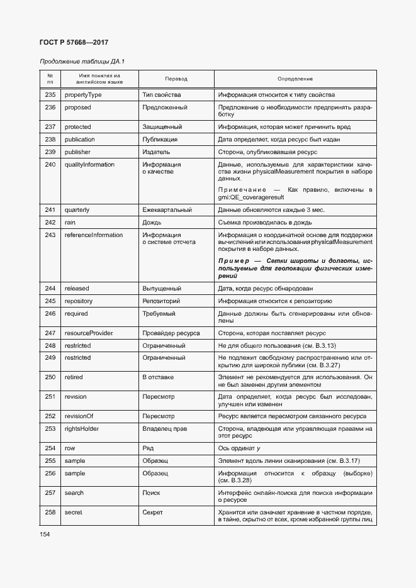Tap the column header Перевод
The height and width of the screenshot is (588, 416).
tap(176, 79)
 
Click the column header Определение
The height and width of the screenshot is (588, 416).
tap(295, 79)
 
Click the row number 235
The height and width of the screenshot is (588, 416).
tap(50, 95)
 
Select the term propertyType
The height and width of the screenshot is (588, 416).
tap(83, 95)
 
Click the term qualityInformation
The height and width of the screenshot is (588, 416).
tap(89, 165)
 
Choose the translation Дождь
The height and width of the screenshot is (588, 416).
tap(152, 223)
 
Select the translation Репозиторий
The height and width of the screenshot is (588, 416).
tap(162, 301)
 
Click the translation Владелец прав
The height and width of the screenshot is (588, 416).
tap(165, 429)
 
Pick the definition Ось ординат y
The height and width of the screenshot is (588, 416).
tap(240, 448)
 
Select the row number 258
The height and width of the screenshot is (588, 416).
tap(50, 513)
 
